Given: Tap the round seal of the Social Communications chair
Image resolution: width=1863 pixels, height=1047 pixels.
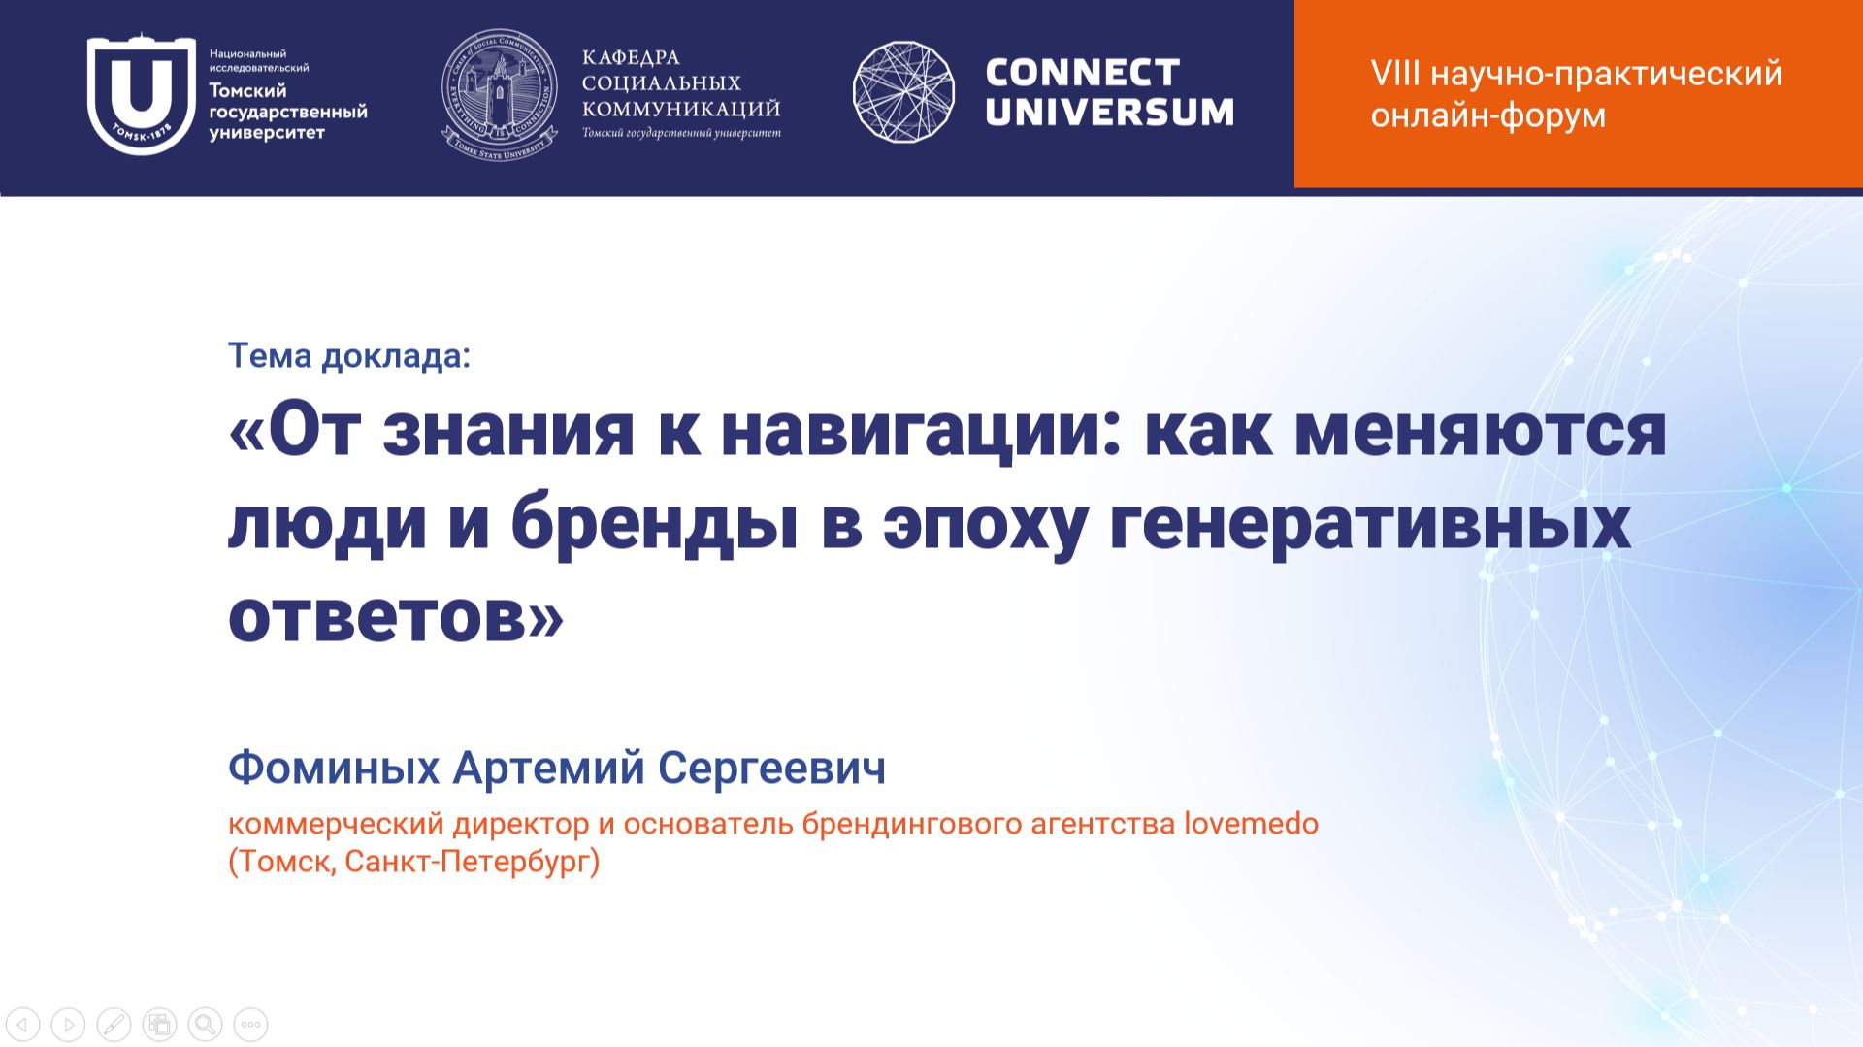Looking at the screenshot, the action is pos(500,94).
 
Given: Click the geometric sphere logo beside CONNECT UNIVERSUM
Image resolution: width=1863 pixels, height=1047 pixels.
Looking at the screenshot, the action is pos(903,92).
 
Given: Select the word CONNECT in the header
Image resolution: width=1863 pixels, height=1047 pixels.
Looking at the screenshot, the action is pos(1082,72).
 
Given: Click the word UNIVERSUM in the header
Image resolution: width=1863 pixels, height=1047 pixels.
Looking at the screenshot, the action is pos(1109,112).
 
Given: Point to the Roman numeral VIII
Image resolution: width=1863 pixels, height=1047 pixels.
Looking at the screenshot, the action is pos(1395,74).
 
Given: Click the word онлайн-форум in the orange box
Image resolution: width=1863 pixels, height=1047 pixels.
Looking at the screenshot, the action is pos(1487,115).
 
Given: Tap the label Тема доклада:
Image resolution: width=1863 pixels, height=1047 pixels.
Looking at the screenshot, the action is pos(349,356).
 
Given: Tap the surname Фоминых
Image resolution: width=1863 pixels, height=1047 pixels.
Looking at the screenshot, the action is pos(334,768).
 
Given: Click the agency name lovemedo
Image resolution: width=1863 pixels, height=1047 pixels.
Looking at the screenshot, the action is pos(1251,824).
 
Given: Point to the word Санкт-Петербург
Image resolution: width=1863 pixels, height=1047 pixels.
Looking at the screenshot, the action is pos(468,862).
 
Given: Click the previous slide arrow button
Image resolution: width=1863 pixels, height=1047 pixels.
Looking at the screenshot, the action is pos(23,1024).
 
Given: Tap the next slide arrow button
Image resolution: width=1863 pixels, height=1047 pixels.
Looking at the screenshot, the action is pos(69,1024).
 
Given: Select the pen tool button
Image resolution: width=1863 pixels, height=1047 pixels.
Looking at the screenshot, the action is pos(114,1024).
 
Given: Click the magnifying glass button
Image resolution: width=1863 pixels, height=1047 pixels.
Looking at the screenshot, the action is pos(205,1024).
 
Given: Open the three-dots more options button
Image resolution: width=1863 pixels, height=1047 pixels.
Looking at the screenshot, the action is pos(250,1024).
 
